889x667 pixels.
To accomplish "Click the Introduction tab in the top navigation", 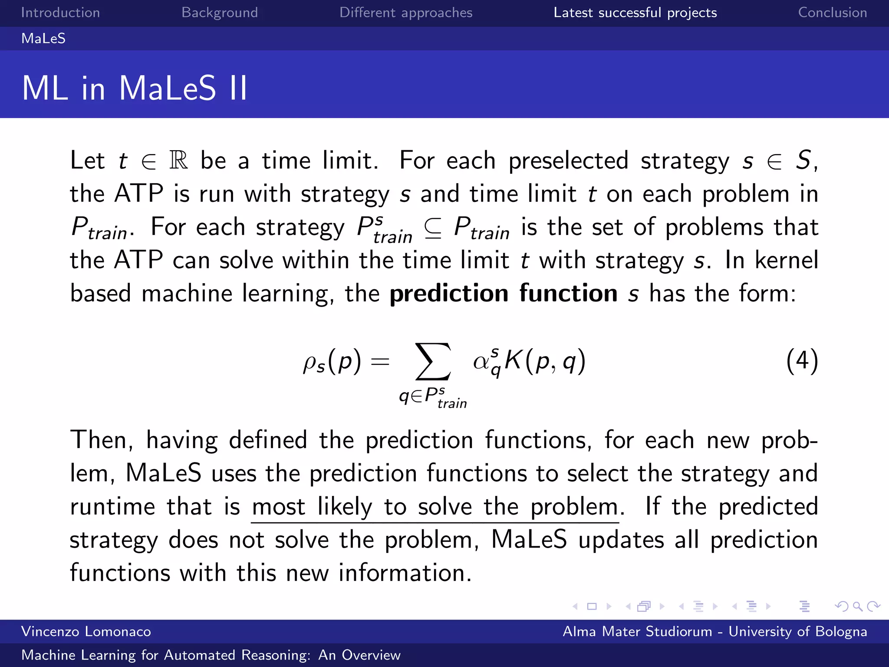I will pos(60,13).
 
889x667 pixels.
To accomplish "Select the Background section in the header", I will pos(220,13).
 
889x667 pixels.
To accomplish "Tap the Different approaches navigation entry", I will pos(406,13).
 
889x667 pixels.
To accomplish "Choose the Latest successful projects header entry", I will pos(635,13).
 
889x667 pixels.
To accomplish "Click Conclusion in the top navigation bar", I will pos(833,13).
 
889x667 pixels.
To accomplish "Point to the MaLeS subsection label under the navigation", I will pos(43,39).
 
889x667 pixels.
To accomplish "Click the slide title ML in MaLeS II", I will pos(135,88).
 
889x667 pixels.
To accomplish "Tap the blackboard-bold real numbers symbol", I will pos(179,160).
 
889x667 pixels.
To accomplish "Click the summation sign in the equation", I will pos(433,361).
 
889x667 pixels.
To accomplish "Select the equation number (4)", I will pos(802,361).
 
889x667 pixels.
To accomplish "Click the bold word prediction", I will pos(449,294).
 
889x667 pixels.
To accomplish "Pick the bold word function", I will pos(568,294).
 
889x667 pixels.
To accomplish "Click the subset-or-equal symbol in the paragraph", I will pos(433,228).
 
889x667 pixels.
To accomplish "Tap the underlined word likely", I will pos(345,506).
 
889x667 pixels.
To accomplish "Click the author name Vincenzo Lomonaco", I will pos(86,631).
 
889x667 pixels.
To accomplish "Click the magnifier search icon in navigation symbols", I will pos(857,606).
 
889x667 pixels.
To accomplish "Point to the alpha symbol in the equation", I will pos(481,362).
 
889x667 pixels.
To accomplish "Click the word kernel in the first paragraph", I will pos(786,261).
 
